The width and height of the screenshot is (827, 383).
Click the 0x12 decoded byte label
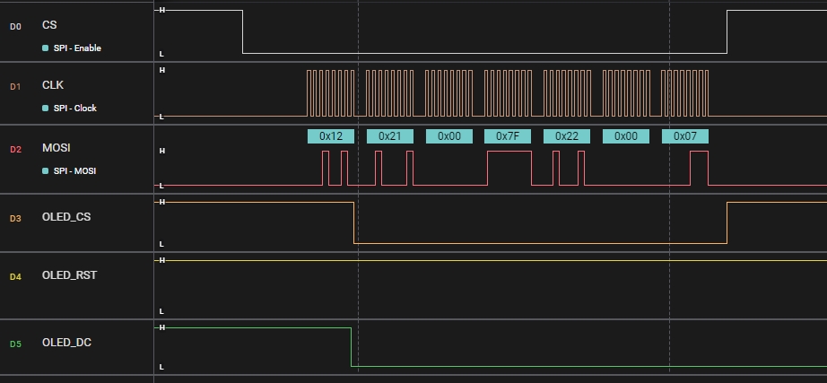331,136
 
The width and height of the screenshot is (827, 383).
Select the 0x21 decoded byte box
389,136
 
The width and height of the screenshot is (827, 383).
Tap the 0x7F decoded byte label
508,136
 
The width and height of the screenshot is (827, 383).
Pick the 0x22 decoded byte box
567,136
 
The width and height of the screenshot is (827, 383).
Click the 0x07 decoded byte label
685,136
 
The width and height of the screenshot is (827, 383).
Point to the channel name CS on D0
49,25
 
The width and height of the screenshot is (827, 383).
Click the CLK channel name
53,85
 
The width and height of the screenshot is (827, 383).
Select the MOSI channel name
57,148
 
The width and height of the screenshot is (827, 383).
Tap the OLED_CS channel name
66,216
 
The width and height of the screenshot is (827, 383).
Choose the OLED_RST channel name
69,275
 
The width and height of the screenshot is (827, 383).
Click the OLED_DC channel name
66,342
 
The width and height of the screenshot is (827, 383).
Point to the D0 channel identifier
14,26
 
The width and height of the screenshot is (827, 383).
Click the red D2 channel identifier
14,149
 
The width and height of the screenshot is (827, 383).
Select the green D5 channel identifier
14,343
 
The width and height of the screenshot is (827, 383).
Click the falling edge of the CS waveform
242,32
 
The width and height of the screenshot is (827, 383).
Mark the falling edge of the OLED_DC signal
350,347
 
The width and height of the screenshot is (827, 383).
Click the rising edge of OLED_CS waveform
727,222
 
